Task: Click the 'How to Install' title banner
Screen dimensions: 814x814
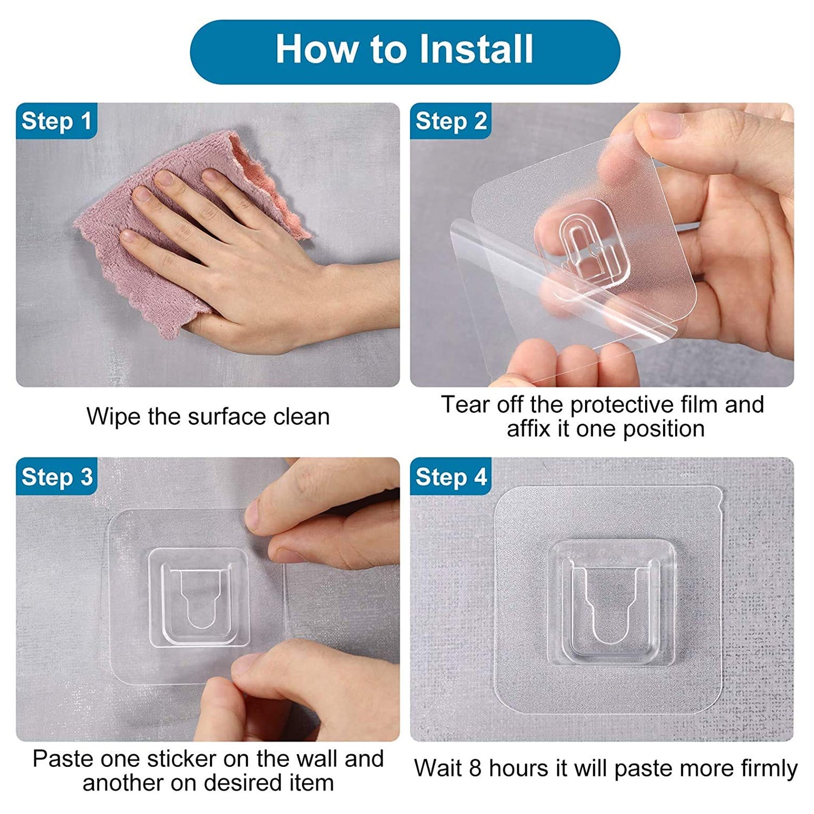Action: (x=405, y=52)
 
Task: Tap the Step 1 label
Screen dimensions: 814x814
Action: (x=56, y=121)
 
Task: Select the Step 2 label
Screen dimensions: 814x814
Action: (x=450, y=121)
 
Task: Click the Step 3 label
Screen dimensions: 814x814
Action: (x=56, y=477)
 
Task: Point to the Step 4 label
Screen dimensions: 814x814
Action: (x=450, y=477)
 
